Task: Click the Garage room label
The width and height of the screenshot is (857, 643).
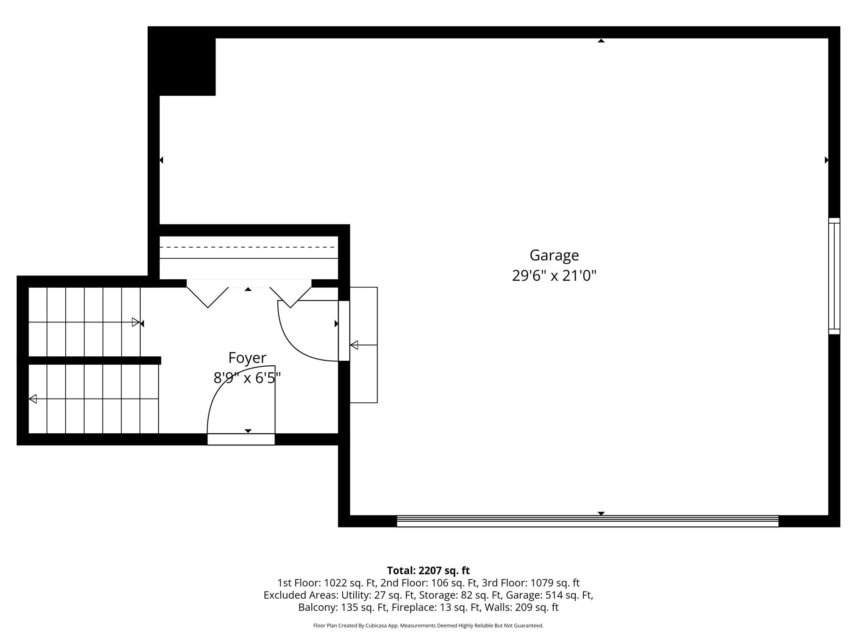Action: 554,255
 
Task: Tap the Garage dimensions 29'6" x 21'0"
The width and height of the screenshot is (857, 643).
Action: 554,276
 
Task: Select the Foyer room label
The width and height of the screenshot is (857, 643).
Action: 247,358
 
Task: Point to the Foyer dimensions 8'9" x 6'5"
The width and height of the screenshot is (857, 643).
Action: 247,378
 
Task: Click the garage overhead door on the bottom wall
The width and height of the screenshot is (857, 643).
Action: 587,521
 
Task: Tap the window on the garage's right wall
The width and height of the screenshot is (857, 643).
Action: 834,276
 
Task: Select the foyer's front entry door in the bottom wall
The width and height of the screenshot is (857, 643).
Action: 241,439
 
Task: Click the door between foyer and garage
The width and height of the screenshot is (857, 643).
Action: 344,331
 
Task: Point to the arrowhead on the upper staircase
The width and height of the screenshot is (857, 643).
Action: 136,322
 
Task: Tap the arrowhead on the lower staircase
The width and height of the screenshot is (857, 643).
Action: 33,399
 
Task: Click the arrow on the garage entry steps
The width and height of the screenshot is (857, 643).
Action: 354,345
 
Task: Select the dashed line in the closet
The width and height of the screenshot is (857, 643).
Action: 249,247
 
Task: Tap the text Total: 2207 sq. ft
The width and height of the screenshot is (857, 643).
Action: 428,571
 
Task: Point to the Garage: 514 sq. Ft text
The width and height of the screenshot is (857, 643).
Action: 549,595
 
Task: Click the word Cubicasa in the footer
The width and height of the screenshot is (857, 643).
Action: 375,626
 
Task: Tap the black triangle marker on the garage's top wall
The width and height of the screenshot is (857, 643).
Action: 601,41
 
